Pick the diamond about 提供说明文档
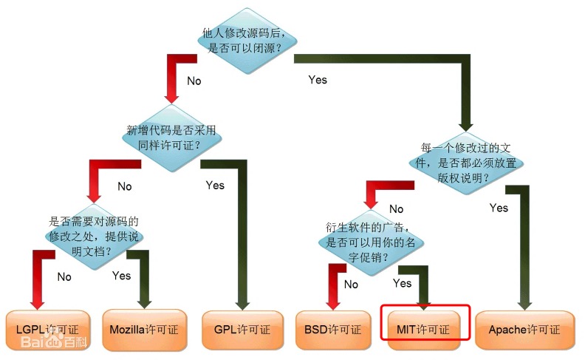tap(94, 235)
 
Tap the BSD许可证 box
tap(332, 329)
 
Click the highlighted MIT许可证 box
tap(425, 329)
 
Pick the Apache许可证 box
tap(524, 329)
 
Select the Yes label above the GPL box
tap(215, 185)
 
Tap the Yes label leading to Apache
tap(499, 208)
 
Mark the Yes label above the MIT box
tap(403, 283)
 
